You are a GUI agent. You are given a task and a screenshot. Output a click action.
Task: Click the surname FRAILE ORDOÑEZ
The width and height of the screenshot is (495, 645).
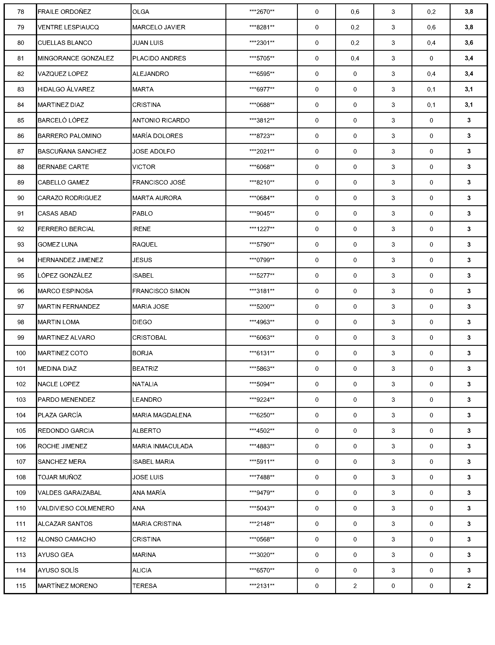(64, 12)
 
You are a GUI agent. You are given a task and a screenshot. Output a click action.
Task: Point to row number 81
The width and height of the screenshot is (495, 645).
(21, 58)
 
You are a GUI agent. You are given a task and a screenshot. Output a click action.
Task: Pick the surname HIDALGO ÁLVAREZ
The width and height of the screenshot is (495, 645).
(66, 89)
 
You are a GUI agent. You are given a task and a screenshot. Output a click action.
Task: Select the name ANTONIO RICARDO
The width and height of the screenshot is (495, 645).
(161, 120)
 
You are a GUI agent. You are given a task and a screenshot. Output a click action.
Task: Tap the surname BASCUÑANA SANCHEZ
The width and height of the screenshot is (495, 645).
(72, 151)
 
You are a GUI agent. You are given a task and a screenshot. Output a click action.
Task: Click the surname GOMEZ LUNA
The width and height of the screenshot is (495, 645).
(57, 245)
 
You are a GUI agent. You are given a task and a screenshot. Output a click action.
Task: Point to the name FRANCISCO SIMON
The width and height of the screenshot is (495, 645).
(161, 291)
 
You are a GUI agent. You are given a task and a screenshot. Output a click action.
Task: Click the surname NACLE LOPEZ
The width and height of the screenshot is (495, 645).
(59, 384)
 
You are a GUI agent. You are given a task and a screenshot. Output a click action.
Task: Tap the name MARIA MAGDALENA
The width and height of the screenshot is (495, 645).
(162, 415)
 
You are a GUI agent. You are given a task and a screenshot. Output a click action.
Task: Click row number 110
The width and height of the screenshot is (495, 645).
(21, 508)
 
